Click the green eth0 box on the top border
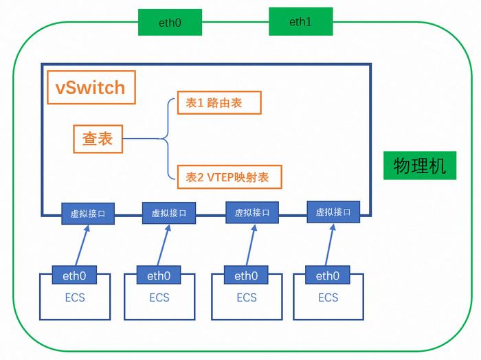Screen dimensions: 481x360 click(x=170, y=22)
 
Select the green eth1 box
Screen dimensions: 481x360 click(x=301, y=21)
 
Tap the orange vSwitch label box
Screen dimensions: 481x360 click(x=91, y=87)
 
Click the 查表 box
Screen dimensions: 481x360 click(x=98, y=139)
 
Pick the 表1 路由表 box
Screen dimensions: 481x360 click(x=219, y=102)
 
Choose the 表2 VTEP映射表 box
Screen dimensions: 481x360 click(x=230, y=177)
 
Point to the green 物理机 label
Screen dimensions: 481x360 click(x=420, y=166)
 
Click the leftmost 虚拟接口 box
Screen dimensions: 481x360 click(x=88, y=214)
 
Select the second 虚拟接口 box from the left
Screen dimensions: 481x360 click(x=169, y=213)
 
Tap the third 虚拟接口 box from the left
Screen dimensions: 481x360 click(x=252, y=212)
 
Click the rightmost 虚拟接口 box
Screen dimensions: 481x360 click(x=333, y=212)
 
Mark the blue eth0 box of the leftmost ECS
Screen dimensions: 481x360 click(x=74, y=275)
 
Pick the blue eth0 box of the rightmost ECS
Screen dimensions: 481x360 click(x=328, y=275)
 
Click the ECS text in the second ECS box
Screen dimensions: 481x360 click(x=159, y=297)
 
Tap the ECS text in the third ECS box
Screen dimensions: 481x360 click(x=247, y=297)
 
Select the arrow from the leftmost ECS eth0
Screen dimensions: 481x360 click(x=82, y=245)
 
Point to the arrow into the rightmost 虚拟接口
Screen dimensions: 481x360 click(x=330, y=245)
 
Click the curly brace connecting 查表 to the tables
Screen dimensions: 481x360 click(x=168, y=139)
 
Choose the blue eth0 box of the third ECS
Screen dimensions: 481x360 click(x=246, y=275)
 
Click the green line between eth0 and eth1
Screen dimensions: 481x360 click(x=236, y=22)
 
